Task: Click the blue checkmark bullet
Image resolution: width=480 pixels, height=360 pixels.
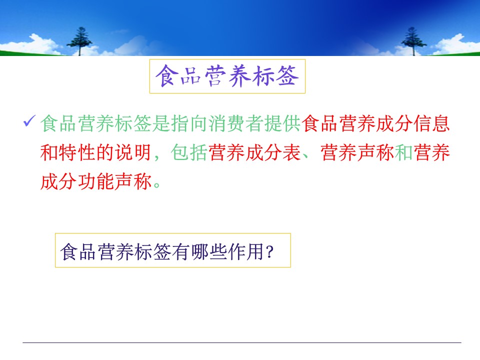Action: point(29,120)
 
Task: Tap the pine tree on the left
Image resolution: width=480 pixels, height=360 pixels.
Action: point(80,41)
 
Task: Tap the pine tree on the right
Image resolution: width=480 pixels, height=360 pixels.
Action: point(413,41)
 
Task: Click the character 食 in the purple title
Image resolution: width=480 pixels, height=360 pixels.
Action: point(167,76)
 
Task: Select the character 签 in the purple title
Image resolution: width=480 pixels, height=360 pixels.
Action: point(287,76)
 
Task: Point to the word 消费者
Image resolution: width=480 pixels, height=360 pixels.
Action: point(236,123)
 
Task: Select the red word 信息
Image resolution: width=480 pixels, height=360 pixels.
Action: point(431,123)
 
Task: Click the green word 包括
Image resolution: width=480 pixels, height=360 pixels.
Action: point(189,152)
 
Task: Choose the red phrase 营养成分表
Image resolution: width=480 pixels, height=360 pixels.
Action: point(254,152)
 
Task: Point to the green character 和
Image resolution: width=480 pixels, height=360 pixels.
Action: point(404,152)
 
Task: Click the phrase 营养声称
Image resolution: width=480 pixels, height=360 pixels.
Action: point(357,152)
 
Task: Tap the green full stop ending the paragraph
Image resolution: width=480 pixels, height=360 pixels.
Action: point(156,184)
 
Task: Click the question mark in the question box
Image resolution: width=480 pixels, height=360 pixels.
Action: point(269,252)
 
